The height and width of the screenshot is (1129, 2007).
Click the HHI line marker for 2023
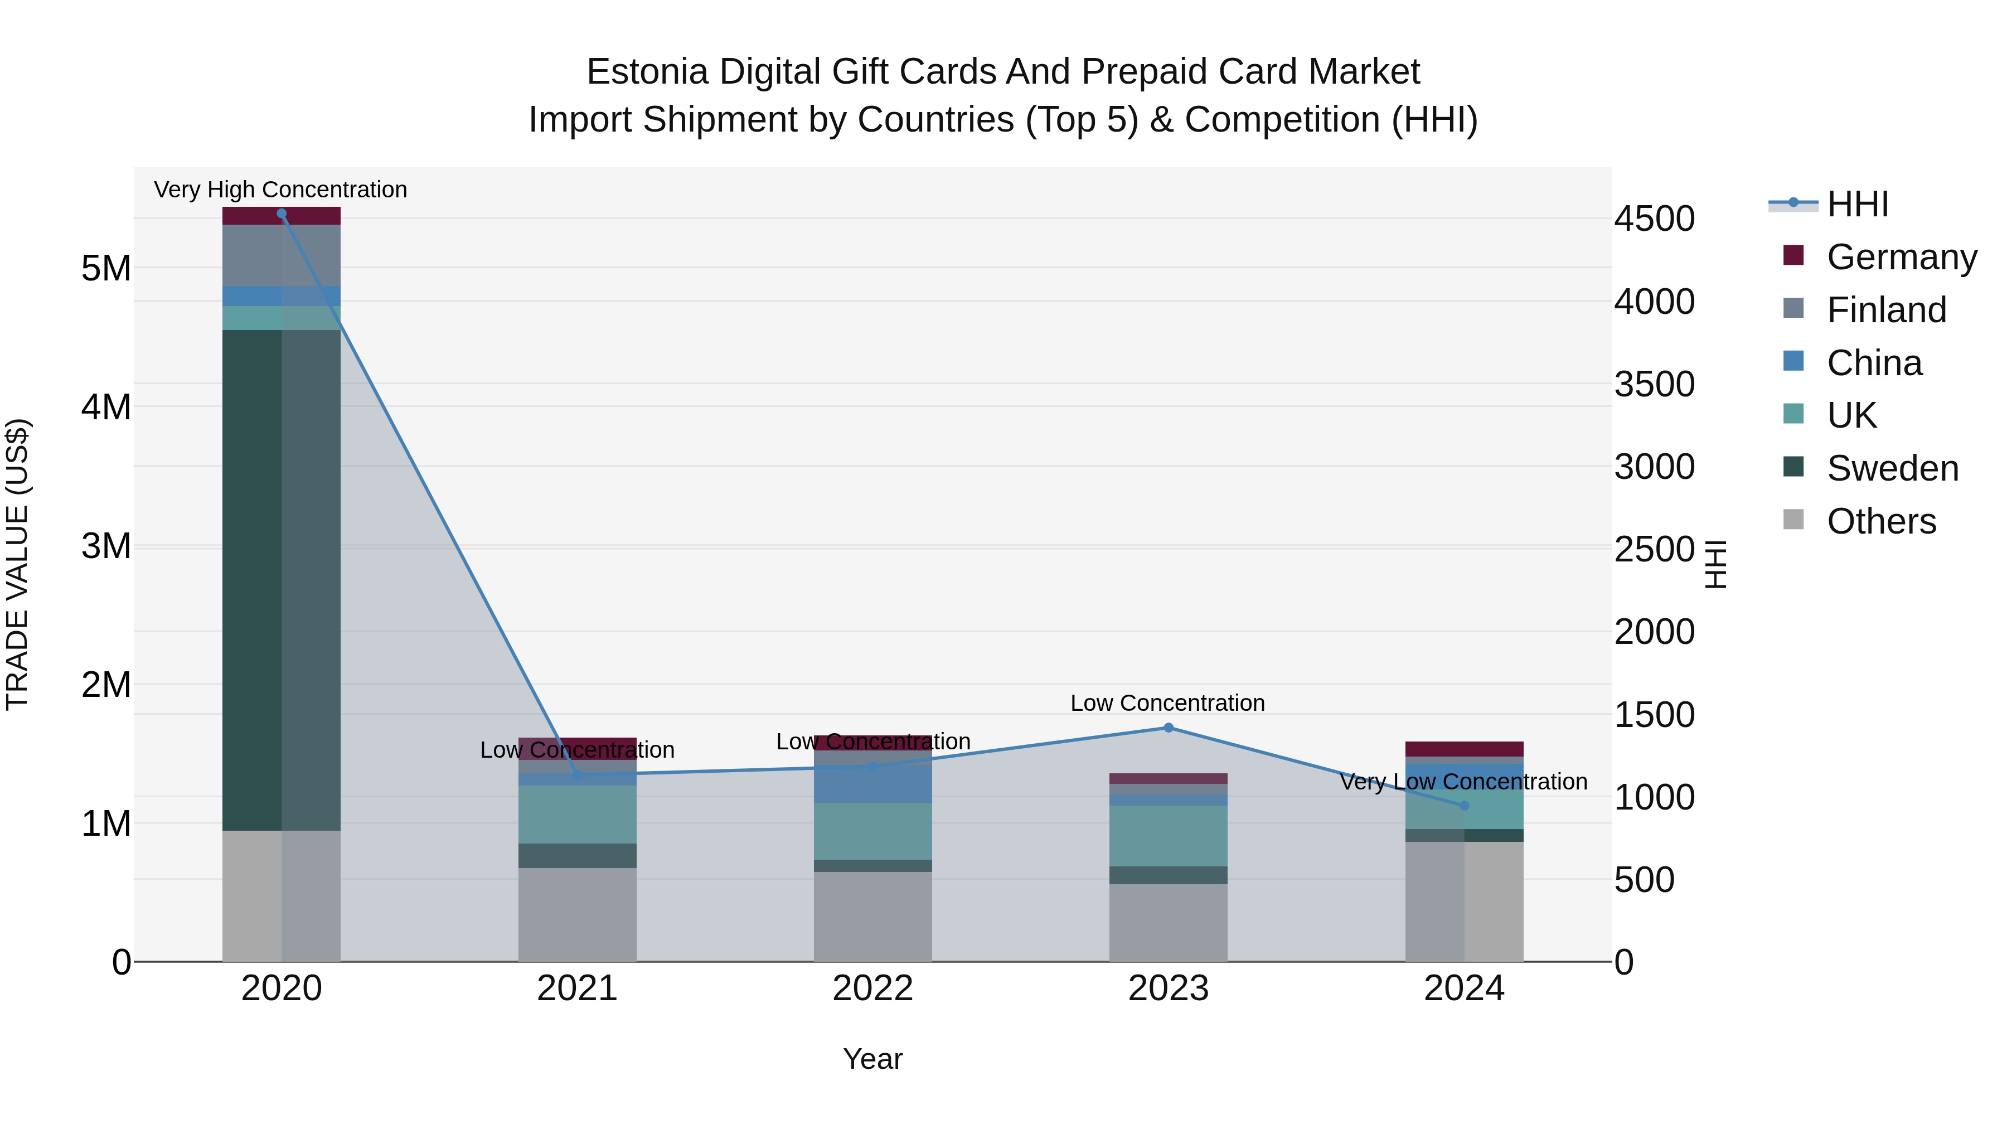tap(1168, 728)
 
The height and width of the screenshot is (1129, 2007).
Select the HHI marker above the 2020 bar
tap(282, 214)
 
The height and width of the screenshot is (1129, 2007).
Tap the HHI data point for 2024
tap(1464, 806)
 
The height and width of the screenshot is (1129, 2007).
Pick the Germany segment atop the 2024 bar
tap(1464, 749)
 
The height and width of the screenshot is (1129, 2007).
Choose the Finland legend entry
tap(1885, 310)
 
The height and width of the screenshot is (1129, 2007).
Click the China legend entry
tap(1874, 363)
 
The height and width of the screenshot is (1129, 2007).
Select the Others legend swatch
tap(1793, 520)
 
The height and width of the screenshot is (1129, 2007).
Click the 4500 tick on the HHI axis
tap(1654, 219)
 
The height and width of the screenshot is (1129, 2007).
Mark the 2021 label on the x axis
tap(576, 989)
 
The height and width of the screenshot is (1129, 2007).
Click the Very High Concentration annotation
tap(280, 190)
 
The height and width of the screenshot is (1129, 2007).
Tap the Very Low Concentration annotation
tap(1463, 782)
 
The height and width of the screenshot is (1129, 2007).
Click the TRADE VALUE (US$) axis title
tap(17, 564)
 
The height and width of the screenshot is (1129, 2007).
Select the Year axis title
tap(872, 1059)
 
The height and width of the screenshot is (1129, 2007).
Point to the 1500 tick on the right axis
tap(1654, 715)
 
